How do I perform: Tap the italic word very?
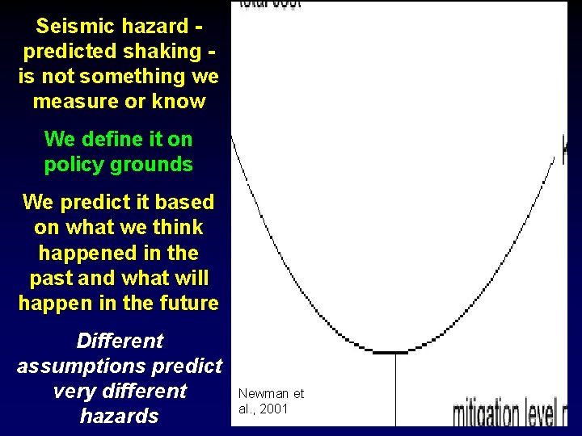[74, 392]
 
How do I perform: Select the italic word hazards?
[119, 417]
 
